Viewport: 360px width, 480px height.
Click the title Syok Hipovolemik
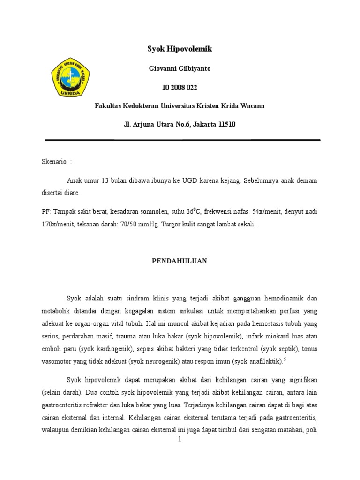pos(180,49)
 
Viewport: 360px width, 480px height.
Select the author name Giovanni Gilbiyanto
pos(180,68)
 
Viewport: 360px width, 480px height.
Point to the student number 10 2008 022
pos(180,87)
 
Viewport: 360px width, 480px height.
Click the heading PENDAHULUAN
pos(180,260)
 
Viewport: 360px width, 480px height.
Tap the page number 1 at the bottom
pos(180,440)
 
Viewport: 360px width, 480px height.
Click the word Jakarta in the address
pos(205,124)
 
